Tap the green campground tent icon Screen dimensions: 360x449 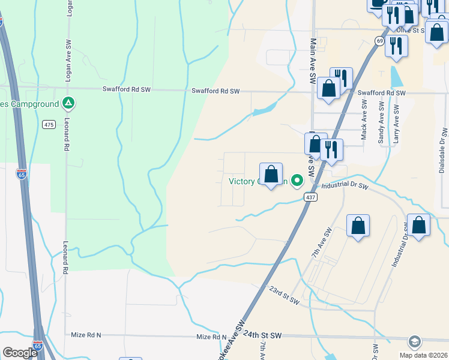click(69, 103)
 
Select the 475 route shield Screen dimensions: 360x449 click(49, 125)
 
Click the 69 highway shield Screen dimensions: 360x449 click(379, 40)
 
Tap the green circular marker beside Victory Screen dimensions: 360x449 click(297, 180)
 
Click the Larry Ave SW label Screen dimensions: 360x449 click(396, 123)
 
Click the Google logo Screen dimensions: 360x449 click(20, 353)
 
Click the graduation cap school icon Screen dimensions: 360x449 click(414, 342)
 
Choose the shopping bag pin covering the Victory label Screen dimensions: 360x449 click(271, 175)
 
